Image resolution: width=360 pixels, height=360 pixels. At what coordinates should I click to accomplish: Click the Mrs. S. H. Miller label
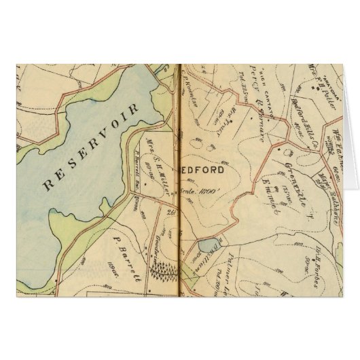tap(158, 163)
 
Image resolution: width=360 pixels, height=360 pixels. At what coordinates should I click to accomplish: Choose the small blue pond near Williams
tap(205, 247)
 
